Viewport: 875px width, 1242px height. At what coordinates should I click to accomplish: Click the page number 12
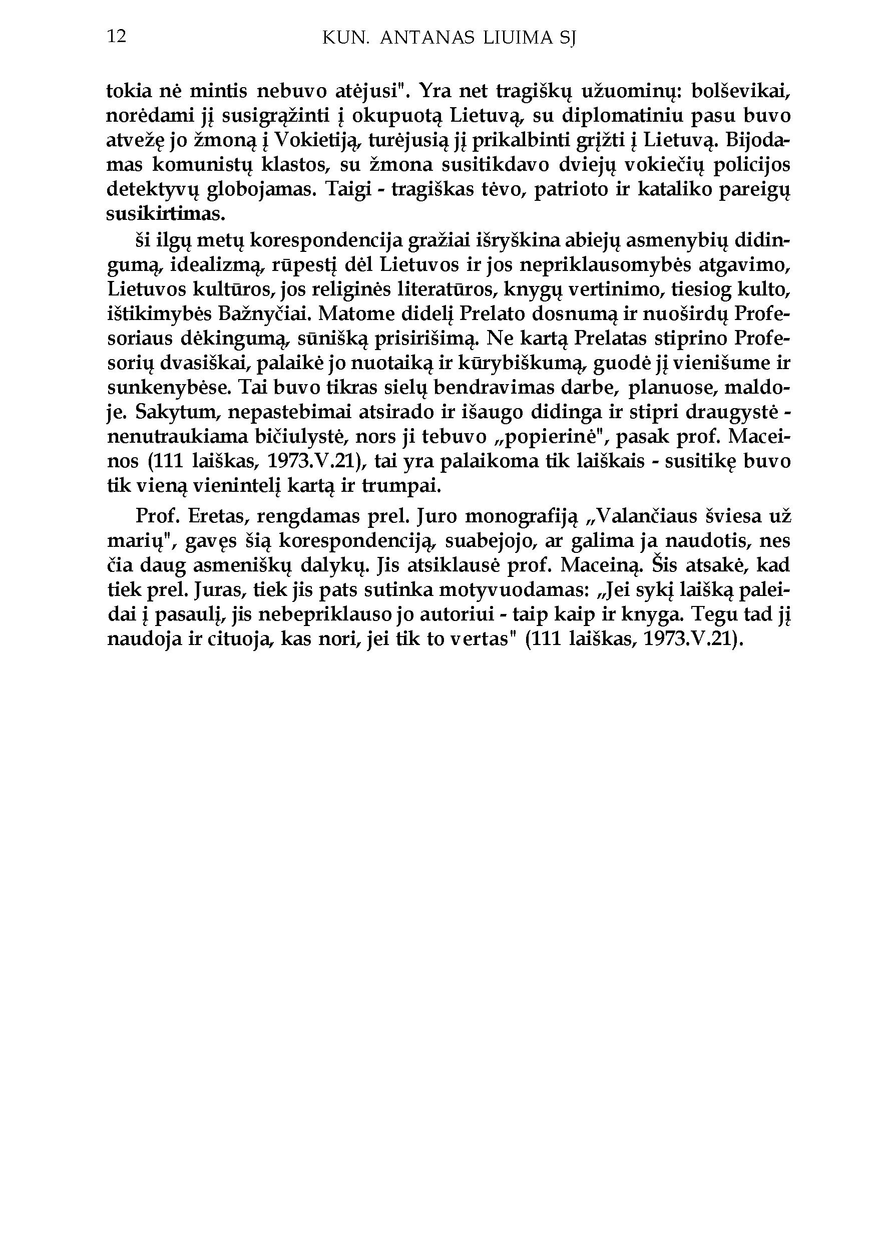coord(117,36)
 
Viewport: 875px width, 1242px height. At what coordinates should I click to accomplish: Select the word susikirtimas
coord(165,214)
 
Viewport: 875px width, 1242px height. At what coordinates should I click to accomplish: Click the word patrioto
coord(574,190)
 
